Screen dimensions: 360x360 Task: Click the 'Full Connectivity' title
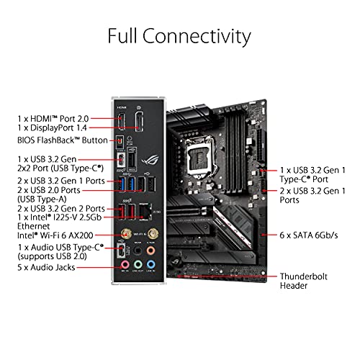coord(179,37)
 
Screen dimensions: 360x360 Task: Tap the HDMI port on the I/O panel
coord(122,121)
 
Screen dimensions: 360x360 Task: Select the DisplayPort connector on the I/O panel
coord(139,121)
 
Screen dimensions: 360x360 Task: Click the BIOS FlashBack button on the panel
coord(120,143)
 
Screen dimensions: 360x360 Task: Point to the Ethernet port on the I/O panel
coord(145,212)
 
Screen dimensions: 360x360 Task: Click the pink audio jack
coord(125,265)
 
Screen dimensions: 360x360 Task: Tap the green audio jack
coord(138,265)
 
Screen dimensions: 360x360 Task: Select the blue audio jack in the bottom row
coord(150,265)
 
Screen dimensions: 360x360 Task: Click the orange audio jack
coord(150,251)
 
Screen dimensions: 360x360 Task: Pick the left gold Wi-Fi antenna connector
coord(126,233)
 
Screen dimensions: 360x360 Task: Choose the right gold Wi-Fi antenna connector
coord(153,233)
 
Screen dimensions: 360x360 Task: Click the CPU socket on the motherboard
coord(200,157)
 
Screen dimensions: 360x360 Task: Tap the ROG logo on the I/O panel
coord(150,160)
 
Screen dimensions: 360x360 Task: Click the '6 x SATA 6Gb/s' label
coord(309,235)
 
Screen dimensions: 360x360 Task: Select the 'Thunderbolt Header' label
coord(303,281)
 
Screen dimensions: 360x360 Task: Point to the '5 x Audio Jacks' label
coord(46,267)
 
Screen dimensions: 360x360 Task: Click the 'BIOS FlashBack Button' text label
coord(63,140)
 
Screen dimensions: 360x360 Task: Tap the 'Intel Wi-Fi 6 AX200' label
coord(55,235)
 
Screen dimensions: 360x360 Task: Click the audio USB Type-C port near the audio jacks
coord(122,251)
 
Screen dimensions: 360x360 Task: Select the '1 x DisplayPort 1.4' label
coord(52,128)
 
